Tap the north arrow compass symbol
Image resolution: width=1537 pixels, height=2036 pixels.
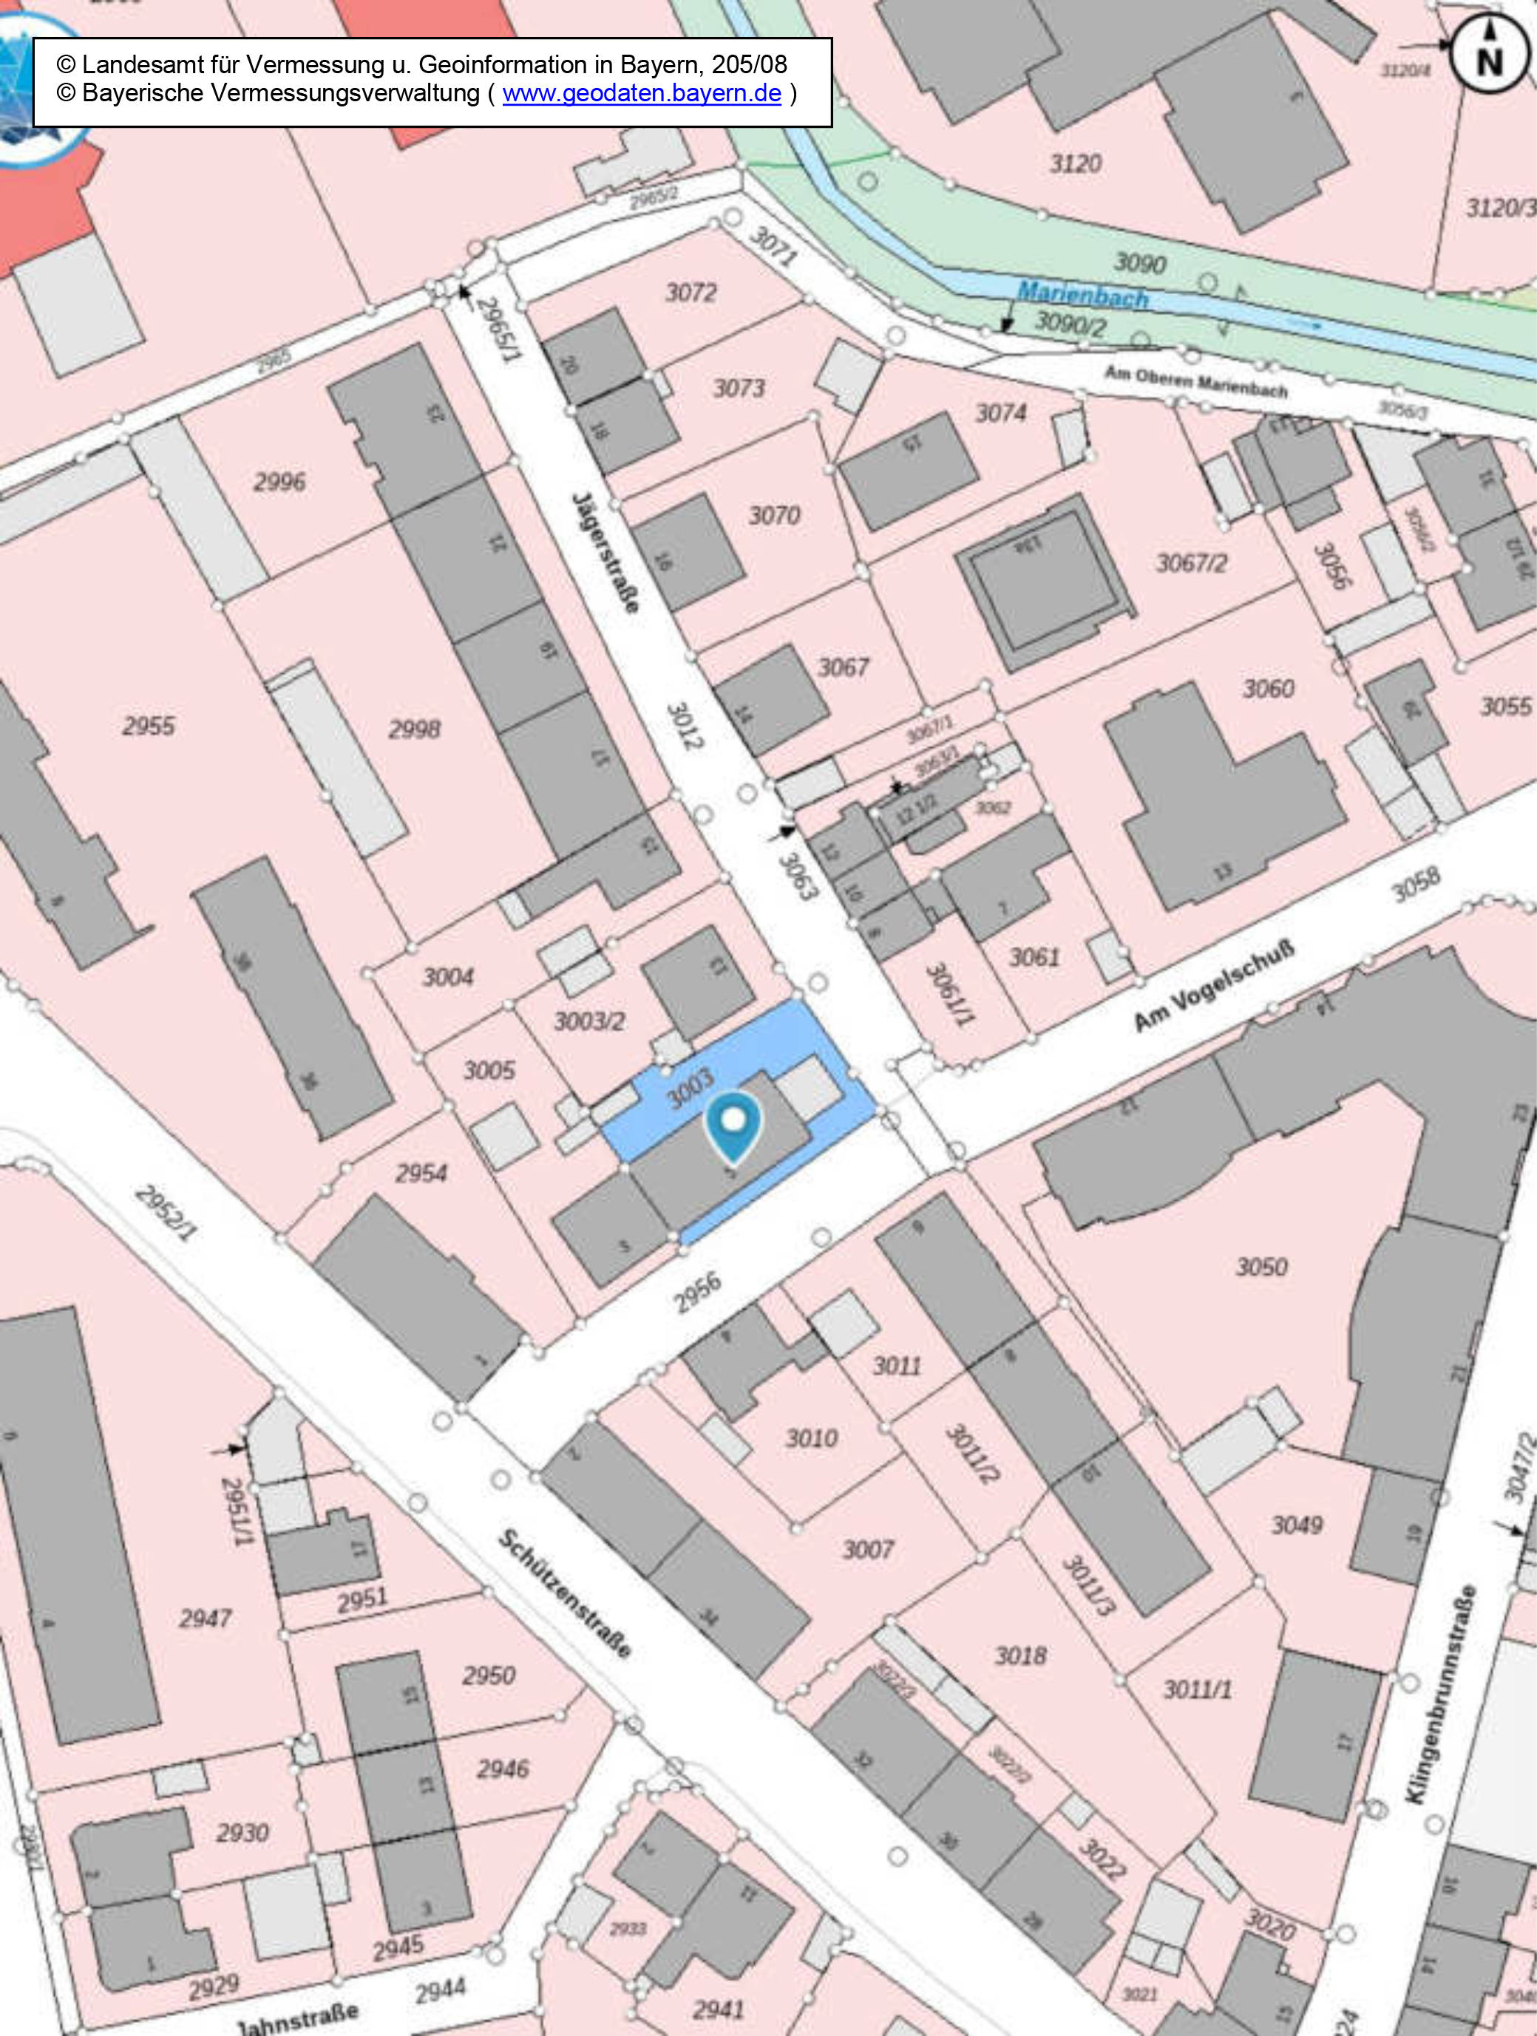coord(1489,55)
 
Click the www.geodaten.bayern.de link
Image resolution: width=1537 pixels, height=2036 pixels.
coord(641,93)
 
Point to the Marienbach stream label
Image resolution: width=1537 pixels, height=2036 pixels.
coord(1082,296)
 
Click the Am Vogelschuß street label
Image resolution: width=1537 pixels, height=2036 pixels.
coord(1213,986)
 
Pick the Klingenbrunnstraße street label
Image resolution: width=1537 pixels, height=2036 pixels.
coord(1442,1694)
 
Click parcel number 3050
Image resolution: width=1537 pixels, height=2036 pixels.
coord(1261,1267)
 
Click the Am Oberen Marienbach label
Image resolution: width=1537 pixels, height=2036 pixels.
coord(1195,381)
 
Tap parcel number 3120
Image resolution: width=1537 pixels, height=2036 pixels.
coord(1076,164)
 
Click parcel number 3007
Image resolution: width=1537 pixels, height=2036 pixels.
coord(867,1550)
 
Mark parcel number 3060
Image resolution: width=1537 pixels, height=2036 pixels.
coord(1268,689)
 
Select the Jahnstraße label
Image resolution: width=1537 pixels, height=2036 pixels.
coord(296,2020)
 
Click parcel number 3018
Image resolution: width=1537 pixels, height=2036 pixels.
coord(1020,1656)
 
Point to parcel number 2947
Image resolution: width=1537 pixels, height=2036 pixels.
coord(205,1618)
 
